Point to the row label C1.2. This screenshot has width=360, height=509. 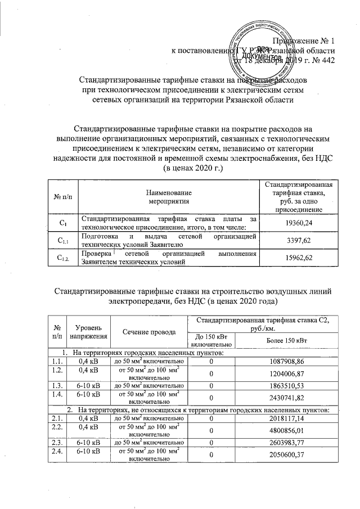[63, 258]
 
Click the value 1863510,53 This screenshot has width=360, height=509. [286, 388]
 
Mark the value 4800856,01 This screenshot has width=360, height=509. [286, 432]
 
